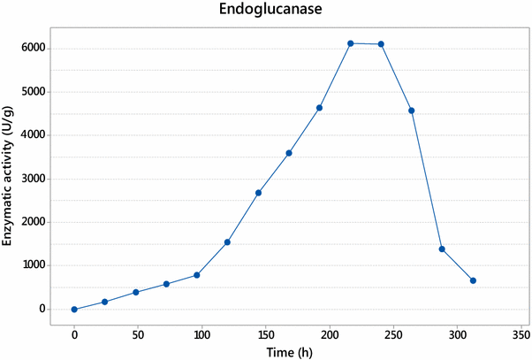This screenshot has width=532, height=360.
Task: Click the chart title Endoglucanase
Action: [265, 12]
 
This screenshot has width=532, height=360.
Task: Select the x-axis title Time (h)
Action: [292, 351]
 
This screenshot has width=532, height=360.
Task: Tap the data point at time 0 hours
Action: [74, 310]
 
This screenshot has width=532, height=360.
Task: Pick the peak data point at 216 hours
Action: [351, 43]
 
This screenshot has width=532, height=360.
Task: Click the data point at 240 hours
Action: [381, 44]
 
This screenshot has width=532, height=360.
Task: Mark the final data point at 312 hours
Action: [474, 280]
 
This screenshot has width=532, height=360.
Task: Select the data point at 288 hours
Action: [442, 249]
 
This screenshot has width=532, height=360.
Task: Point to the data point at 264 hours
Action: [412, 111]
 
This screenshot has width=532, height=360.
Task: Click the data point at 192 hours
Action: [319, 108]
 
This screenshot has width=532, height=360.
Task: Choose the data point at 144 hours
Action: [258, 193]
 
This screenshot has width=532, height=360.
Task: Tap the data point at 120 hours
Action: [227, 242]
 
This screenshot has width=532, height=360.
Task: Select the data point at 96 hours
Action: [196, 275]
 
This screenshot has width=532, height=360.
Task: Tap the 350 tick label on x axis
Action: [521, 334]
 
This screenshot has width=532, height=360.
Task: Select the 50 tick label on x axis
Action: [138, 334]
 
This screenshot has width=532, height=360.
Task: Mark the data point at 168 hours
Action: [289, 153]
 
